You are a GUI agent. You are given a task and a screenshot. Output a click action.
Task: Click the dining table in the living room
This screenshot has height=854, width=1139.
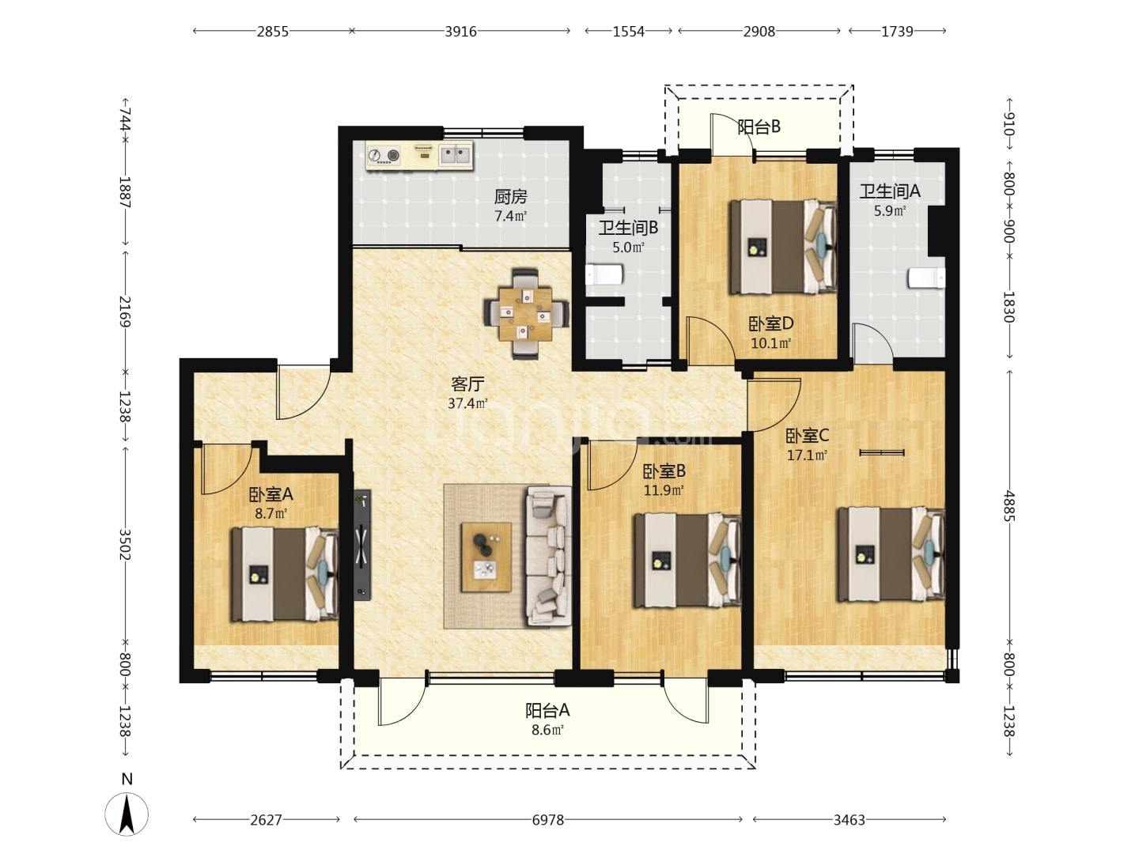point(525,314)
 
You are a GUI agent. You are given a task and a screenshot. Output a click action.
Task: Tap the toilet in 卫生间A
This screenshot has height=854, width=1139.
point(925,278)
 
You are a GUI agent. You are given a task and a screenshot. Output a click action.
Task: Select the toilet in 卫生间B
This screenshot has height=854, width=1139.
point(604,274)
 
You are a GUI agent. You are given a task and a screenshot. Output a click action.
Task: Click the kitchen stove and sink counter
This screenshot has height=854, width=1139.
point(419,155)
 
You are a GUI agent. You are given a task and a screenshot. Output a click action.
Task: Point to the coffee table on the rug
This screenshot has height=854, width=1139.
point(486,557)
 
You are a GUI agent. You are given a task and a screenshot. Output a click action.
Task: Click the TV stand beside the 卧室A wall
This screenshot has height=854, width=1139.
point(362,545)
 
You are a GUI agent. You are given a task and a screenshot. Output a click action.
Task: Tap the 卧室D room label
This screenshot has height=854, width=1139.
point(770,324)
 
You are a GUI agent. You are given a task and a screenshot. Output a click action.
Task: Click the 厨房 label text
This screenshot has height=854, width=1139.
point(511,197)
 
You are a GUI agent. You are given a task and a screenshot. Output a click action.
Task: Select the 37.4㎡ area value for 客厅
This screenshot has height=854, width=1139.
point(467,403)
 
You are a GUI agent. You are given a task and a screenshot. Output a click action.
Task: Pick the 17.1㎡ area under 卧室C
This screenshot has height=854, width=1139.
point(807,455)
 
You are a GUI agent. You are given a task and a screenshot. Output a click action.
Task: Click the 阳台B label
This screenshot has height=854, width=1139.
point(759,127)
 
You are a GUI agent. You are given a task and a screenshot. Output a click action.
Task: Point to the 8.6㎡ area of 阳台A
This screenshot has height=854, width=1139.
point(547,730)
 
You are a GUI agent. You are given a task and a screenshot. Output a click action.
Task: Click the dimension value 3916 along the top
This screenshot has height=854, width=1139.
point(461,32)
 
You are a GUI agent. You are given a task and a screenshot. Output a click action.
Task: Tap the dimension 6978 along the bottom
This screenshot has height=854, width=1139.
point(548,820)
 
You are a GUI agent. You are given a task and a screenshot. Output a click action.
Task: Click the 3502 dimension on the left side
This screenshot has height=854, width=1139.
point(124,545)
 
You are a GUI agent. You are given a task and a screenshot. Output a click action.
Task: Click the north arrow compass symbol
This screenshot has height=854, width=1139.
point(127,813)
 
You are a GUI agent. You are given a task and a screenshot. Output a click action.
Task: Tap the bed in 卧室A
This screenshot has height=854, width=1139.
point(285,574)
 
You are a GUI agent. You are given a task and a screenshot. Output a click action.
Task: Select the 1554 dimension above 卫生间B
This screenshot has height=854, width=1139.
point(628,32)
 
